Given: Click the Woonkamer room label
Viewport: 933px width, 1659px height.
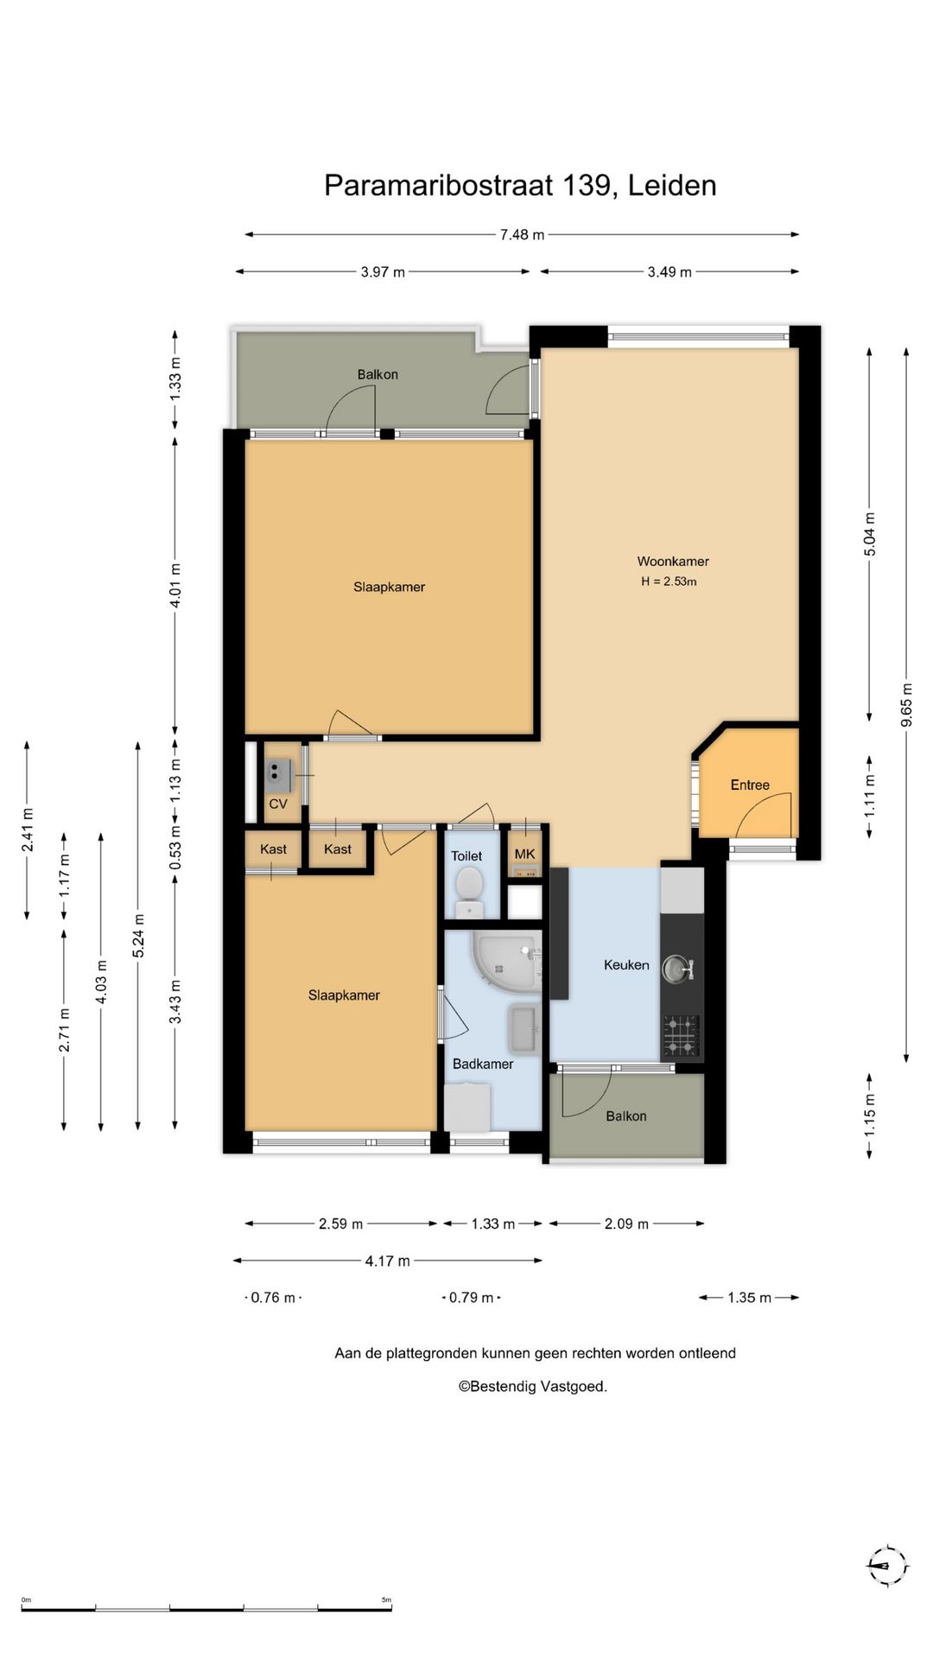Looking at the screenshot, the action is (x=673, y=562).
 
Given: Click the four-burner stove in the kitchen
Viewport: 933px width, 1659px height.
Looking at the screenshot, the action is (x=681, y=1036).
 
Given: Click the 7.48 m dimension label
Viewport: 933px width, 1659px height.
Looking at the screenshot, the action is (x=523, y=234).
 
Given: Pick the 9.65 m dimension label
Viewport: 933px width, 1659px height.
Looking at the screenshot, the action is (x=906, y=705).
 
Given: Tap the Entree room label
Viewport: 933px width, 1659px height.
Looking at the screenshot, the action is (x=750, y=785).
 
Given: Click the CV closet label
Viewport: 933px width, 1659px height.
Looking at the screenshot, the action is (x=278, y=804).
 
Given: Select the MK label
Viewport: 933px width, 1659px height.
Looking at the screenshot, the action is (x=525, y=854).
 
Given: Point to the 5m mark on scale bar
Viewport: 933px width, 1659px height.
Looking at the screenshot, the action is (x=387, y=1600).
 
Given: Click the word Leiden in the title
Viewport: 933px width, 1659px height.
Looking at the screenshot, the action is (x=672, y=186).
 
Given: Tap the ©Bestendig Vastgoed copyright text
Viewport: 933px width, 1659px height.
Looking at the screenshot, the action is (x=532, y=1387).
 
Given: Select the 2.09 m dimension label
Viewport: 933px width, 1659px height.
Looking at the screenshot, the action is (x=626, y=1224).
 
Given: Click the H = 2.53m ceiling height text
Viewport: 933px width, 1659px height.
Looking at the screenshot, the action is (x=669, y=582).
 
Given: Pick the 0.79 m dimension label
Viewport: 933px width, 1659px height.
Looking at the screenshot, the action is (x=472, y=1298).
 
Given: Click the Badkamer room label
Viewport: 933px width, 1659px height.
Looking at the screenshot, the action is (x=483, y=1065).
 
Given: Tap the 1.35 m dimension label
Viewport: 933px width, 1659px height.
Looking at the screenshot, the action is (x=749, y=1298).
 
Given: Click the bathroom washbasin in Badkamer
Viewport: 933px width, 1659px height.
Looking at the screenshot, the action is (x=524, y=1029).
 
